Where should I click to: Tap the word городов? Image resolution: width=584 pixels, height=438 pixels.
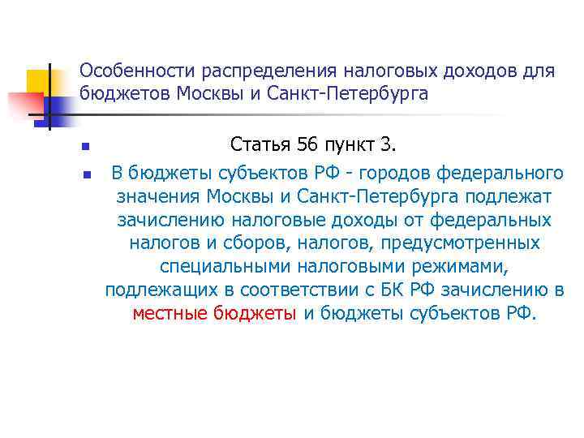[389, 173]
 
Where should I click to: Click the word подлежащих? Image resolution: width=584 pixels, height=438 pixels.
[151, 290]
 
